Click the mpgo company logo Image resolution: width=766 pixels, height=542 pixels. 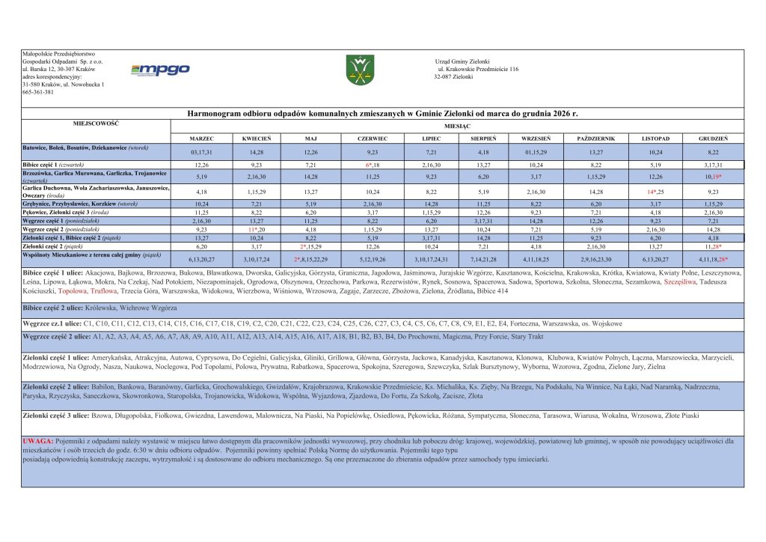pos(160,70)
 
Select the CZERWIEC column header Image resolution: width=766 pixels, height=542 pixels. pos(373,139)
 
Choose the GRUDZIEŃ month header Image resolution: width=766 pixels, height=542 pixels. pos(714,139)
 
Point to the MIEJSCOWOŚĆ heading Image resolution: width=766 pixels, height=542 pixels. pos(96,123)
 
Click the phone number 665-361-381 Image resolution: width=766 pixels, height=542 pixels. pos(38,92)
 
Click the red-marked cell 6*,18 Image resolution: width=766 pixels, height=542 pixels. pos(373,164)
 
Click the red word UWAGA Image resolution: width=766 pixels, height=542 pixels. pos(37,441)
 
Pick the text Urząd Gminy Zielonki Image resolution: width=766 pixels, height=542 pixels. pos(462,61)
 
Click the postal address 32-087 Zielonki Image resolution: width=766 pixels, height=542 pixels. pos(453,76)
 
